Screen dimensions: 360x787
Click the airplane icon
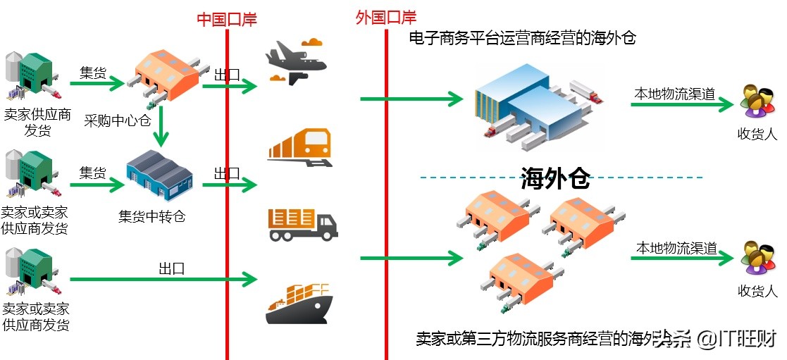pos(296,62)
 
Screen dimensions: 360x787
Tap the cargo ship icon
pos(299,303)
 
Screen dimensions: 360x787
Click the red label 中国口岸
pos(226,19)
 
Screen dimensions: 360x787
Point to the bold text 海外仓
pos(554,180)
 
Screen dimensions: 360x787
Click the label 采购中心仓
pos(118,120)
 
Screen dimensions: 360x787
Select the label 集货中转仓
pos(151,216)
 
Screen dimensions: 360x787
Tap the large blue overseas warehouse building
pos(528,106)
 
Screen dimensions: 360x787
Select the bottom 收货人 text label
pos(757,290)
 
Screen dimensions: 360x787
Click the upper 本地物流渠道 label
pos(674,93)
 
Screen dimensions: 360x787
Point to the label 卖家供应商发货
pos(37,122)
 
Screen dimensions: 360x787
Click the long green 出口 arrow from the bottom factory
pos(162,280)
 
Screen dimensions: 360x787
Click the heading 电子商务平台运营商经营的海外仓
pos(522,38)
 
